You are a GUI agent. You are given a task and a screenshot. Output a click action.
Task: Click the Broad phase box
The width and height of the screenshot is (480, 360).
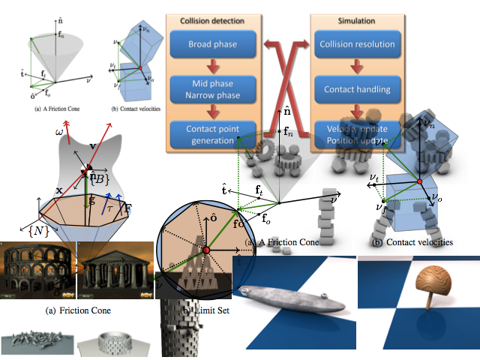[213, 43]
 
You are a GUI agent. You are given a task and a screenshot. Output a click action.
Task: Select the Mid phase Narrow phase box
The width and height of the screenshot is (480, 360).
[213, 88]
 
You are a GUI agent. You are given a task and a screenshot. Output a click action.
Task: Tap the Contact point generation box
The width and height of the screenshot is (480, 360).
[213, 134]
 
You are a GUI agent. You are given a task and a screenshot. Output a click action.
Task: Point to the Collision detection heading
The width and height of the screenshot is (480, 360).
[213, 20]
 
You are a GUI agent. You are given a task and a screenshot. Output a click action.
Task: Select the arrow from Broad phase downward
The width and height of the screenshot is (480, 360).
[213, 66]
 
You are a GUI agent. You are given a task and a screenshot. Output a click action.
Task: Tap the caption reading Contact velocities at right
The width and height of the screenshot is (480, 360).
[412, 242]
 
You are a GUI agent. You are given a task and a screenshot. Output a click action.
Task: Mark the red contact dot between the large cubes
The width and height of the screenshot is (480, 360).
[420, 182]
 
